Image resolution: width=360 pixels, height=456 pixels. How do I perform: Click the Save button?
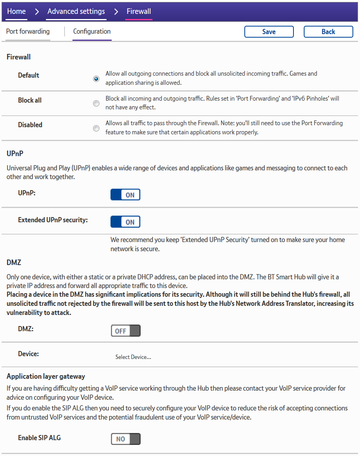pos(269,32)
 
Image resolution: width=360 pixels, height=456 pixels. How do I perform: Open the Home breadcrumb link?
pos(16,11)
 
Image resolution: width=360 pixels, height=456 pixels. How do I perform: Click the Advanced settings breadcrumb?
pos(76,11)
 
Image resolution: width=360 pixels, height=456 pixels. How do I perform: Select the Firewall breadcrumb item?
pos(139,11)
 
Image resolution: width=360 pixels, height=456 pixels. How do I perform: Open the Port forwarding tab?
pos(28,32)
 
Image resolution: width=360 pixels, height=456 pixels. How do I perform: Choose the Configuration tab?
pos(92,32)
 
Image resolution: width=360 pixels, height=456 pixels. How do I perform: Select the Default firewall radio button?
pos(96,78)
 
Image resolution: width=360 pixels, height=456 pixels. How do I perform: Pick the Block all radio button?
pos(96,103)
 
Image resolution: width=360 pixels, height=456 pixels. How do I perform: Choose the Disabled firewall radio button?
pos(96,128)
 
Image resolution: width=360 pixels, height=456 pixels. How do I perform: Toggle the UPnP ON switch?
pos(125,195)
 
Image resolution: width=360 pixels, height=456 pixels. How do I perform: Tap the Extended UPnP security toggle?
pos(125,222)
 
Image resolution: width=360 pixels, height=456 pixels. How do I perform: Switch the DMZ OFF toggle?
pos(126,331)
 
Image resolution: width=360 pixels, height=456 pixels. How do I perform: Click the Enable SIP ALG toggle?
pos(126,439)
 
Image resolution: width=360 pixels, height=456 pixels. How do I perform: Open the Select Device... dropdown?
pos(133,357)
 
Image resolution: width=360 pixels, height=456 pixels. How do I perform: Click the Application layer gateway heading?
pos(46,376)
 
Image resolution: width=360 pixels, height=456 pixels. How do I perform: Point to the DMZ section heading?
pos(14,262)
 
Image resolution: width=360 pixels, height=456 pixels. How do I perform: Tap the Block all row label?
pos(30,100)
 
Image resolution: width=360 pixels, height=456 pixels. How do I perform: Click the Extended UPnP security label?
pos(53,220)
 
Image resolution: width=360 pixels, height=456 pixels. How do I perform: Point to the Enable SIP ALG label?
pos(39,438)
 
